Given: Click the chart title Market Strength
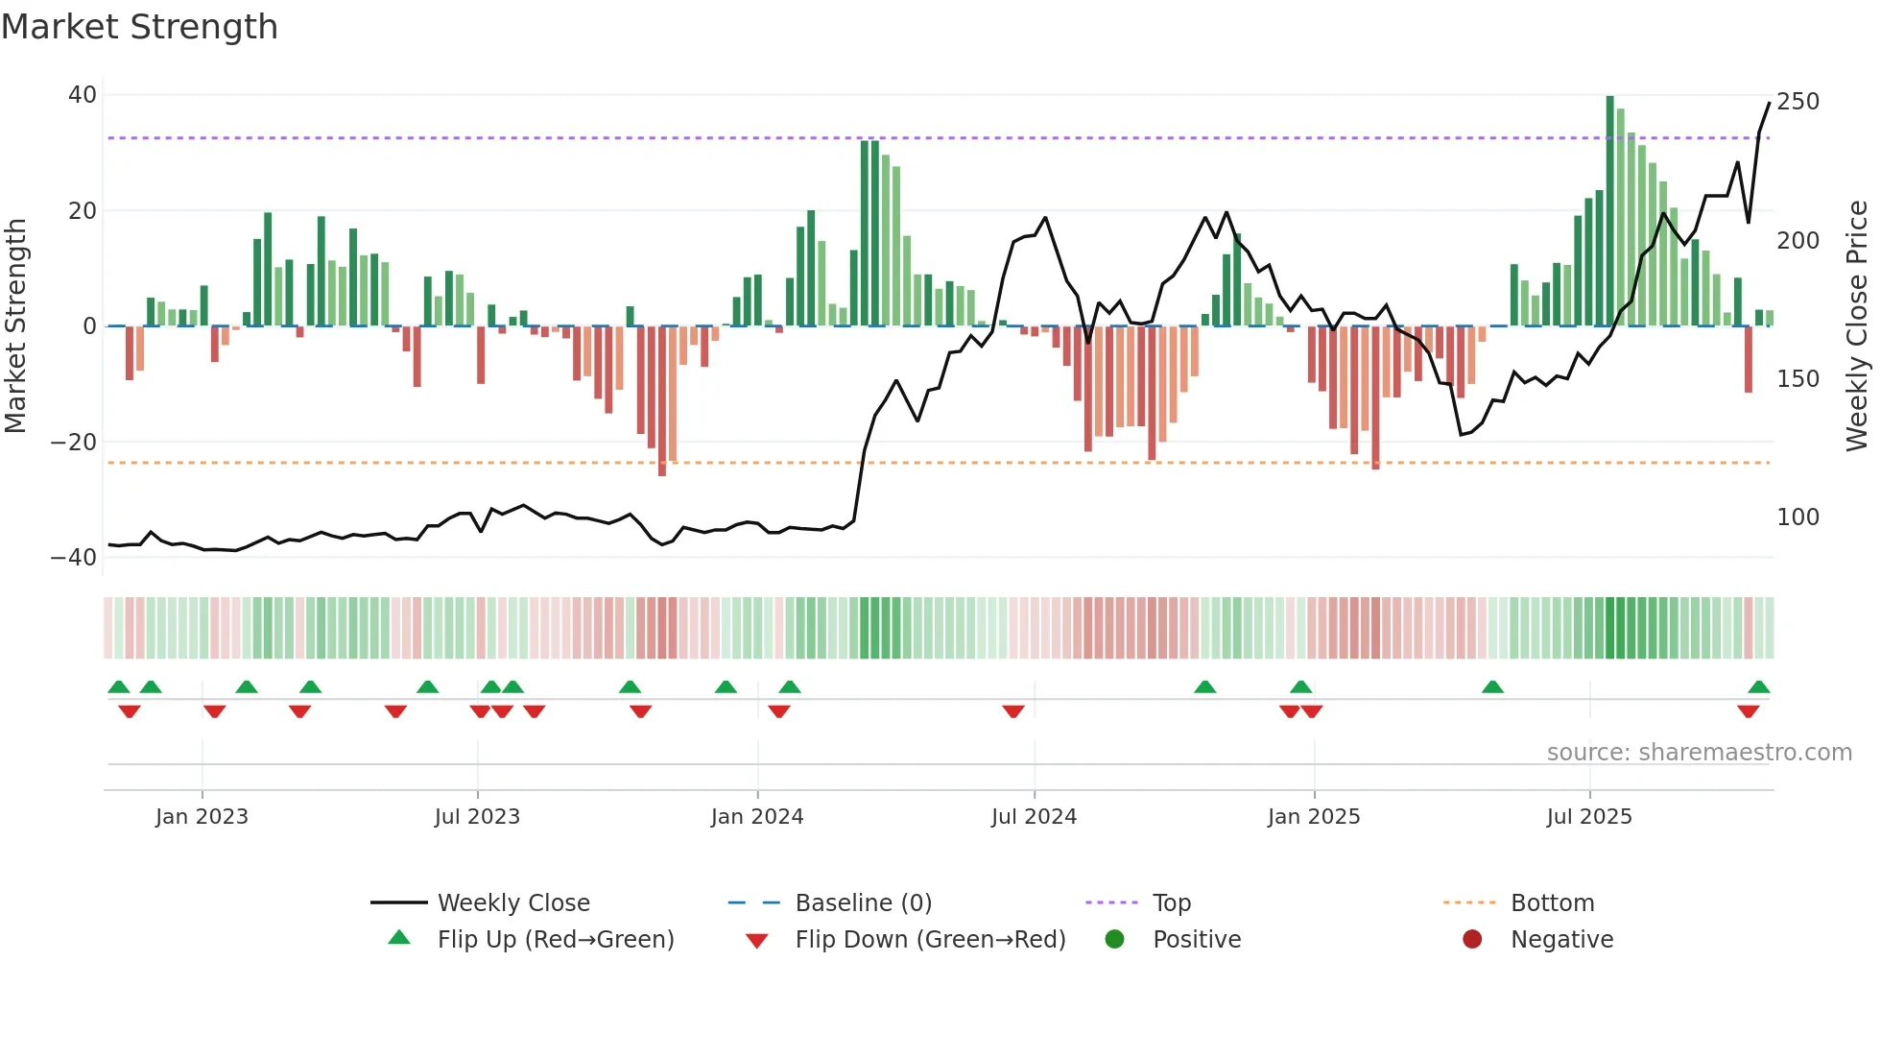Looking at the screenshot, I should point(139,27).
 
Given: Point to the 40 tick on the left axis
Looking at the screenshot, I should point(83,95).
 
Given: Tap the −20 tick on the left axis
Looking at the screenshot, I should point(74,443).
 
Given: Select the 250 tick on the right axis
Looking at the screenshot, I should point(1798,102).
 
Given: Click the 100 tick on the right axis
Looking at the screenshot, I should point(1798,517).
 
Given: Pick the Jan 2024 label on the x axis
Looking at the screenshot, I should point(757,817).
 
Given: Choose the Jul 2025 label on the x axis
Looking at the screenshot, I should point(1589,817).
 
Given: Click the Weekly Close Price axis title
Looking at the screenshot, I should point(1857,326).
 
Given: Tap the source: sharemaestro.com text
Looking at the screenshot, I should point(1699,753).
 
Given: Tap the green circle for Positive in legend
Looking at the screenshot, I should point(1114,940).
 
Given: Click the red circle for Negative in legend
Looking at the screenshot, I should point(1472,940).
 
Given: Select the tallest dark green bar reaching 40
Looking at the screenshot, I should point(1610,211).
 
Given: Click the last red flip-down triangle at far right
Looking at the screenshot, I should point(1748,711).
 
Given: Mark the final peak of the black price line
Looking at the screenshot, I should point(1769,104).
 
